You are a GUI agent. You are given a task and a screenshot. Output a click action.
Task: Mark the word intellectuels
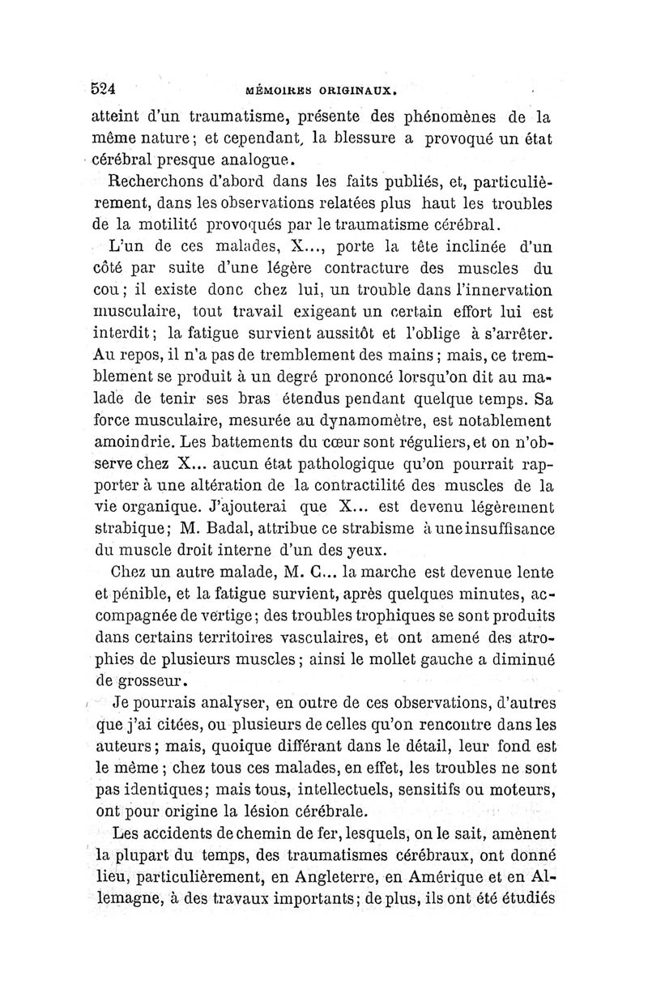tap(351, 788)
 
